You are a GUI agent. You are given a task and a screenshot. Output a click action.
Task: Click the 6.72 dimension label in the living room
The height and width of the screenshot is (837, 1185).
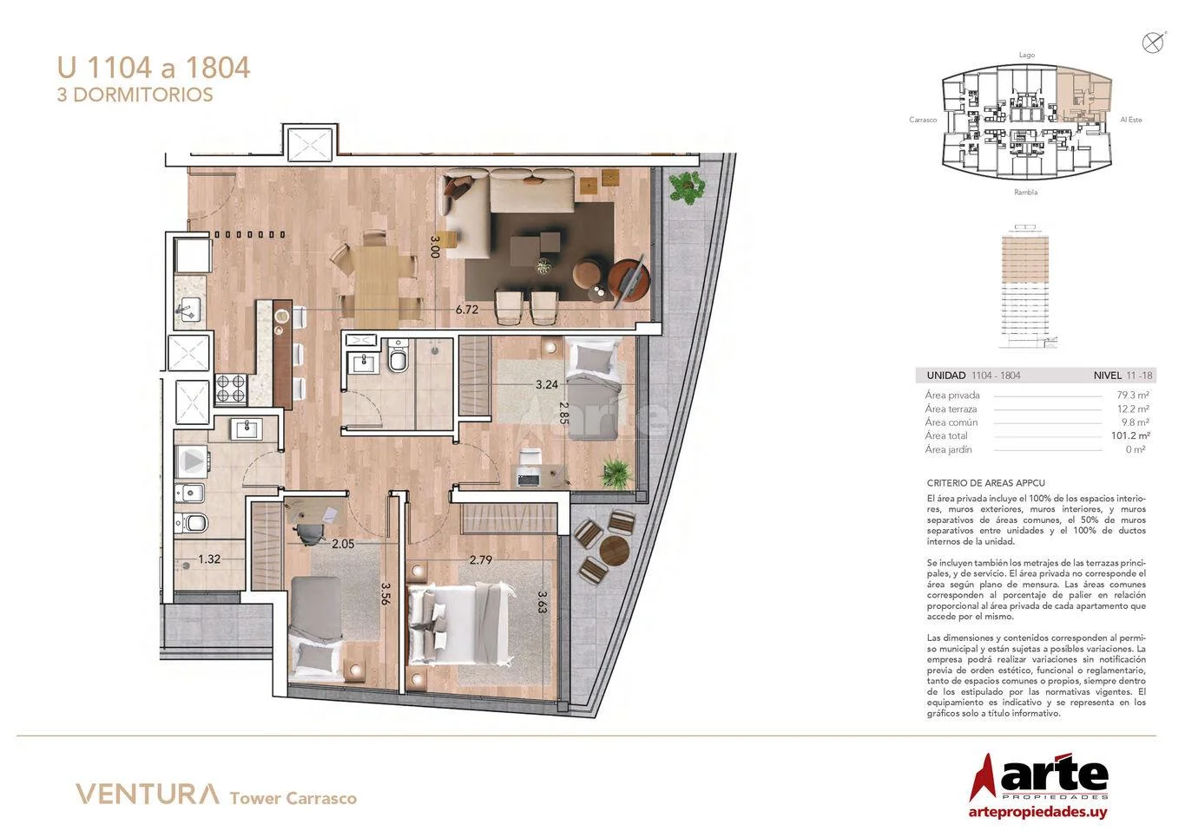click(x=467, y=310)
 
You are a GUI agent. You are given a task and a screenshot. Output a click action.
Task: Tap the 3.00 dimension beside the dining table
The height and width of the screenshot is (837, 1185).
click(x=436, y=246)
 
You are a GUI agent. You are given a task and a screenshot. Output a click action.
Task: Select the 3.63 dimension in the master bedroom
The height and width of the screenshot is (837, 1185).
click(x=543, y=602)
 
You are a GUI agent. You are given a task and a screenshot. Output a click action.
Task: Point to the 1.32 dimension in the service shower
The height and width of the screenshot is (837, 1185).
click(x=209, y=559)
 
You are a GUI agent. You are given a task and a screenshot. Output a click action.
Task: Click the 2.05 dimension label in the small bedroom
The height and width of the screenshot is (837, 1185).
click(x=343, y=544)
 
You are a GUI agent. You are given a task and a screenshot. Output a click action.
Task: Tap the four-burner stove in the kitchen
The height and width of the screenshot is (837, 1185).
click(x=231, y=389)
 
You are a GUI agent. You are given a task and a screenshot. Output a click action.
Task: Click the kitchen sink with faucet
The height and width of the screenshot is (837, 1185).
click(x=188, y=310)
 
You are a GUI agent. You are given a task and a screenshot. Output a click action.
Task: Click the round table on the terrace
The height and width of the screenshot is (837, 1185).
click(x=615, y=551)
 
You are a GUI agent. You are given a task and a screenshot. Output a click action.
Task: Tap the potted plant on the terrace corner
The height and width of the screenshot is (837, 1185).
click(x=686, y=187)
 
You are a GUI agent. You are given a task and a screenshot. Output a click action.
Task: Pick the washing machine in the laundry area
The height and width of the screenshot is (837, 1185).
click(x=192, y=461)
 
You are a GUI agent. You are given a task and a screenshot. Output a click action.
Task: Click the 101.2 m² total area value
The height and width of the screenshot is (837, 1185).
click(x=1130, y=435)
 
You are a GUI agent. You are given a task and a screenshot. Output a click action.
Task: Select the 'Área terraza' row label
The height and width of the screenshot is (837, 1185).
click(x=951, y=409)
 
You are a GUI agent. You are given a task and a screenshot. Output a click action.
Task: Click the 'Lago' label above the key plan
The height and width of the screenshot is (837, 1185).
click(x=1026, y=55)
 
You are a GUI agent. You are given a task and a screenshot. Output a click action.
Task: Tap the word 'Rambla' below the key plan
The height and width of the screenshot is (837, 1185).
click(x=1025, y=193)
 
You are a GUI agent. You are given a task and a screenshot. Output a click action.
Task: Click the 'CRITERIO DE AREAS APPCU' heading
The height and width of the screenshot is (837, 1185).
click(x=985, y=483)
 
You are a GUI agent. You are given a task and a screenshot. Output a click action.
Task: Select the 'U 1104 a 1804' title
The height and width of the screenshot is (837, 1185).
click(x=154, y=68)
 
